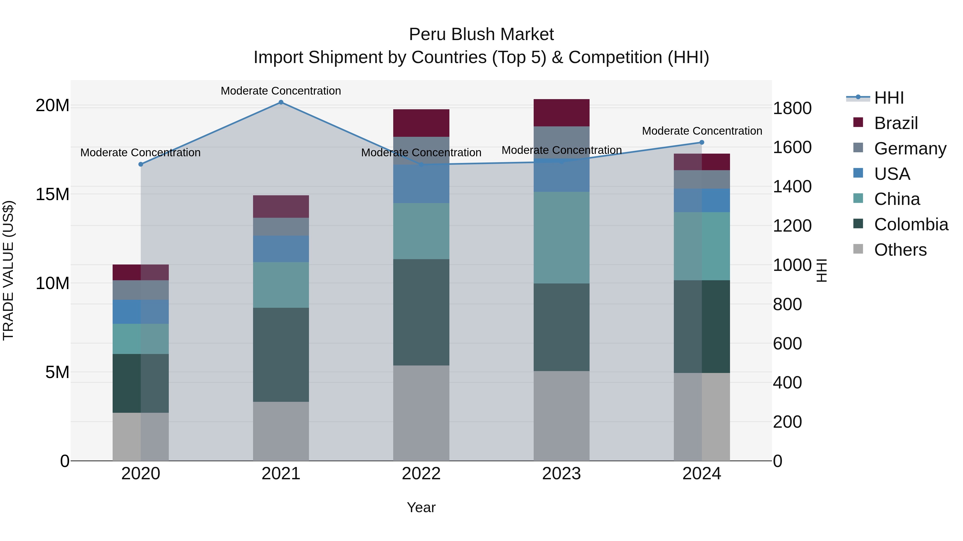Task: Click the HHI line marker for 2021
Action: point(281,102)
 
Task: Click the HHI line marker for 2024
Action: point(702,142)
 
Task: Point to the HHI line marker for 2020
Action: point(140,164)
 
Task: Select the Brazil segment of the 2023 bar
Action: point(561,113)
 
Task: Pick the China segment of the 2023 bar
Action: point(561,238)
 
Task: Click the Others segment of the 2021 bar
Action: point(281,431)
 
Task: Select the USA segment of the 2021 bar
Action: point(281,249)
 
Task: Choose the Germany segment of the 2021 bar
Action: point(281,227)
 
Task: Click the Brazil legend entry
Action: point(896,123)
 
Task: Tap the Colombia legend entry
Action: point(911,224)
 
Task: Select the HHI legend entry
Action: point(889,98)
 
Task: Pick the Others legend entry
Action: point(900,250)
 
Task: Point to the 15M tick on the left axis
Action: point(52,194)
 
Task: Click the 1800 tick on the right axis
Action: point(792,108)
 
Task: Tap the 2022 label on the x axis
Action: point(421,474)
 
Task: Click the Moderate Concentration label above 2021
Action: point(281,91)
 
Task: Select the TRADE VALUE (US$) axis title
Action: point(8,270)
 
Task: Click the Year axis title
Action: point(421,507)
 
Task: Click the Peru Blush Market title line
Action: point(481,34)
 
